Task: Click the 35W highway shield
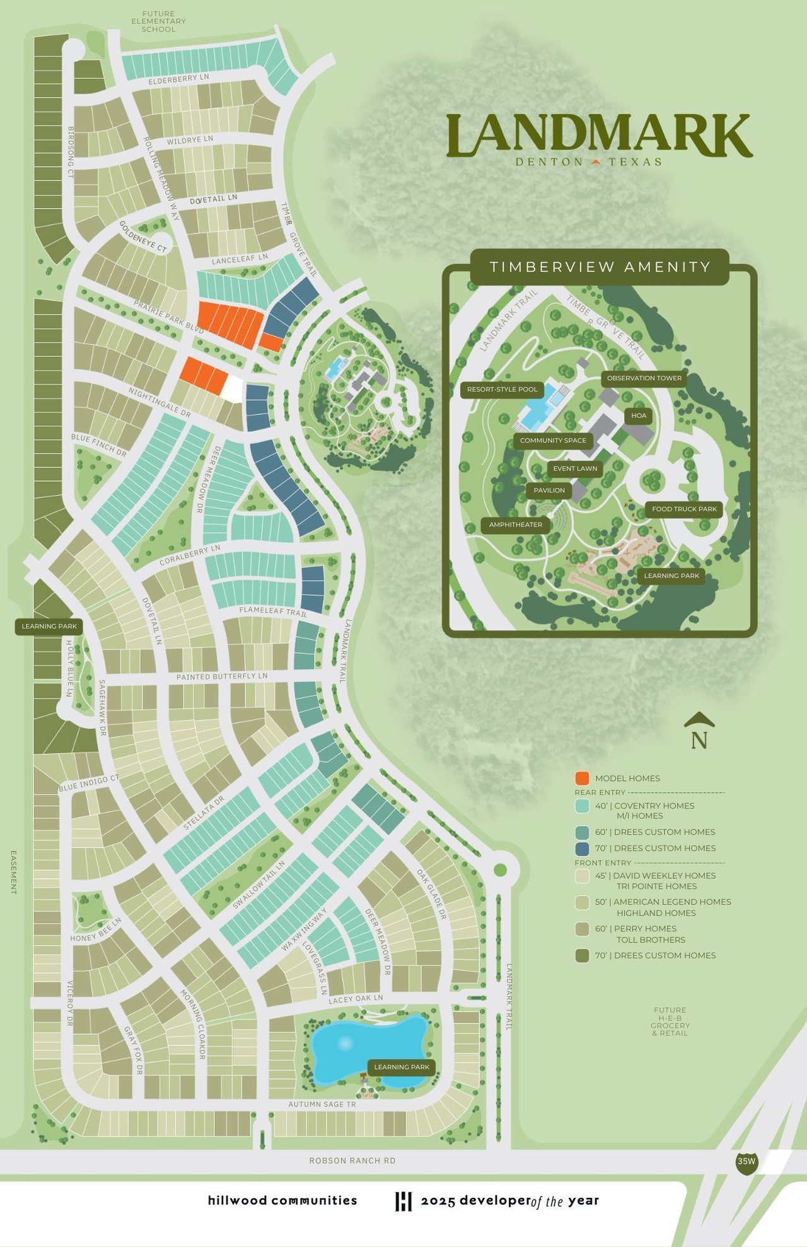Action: click(746, 1162)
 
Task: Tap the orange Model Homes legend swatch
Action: click(582, 779)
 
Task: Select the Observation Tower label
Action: click(644, 378)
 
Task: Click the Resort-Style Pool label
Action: click(502, 390)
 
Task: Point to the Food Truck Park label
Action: click(684, 509)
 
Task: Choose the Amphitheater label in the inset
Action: click(515, 525)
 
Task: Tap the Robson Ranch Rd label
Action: click(352, 1161)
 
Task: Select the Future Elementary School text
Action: click(158, 21)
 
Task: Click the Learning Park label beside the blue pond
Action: click(402, 1067)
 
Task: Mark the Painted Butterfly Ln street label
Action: click(222, 676)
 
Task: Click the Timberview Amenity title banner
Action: click(600, 267)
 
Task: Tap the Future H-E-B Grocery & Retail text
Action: click(670, 1021)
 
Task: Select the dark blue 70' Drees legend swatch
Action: click(582, 849)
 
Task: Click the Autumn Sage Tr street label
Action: click(322, 1105)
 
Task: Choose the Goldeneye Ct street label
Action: click(143, 237)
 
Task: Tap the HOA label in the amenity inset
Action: click(639, 416)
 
